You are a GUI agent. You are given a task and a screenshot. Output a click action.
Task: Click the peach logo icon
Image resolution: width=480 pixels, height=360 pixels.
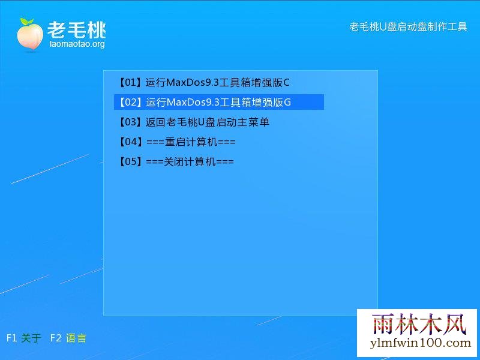coord(29,34)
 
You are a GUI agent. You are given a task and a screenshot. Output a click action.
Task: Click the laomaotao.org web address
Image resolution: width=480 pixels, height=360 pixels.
coord(77,44)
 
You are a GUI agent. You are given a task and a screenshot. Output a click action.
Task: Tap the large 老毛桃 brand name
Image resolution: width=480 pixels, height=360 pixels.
coord(77,29)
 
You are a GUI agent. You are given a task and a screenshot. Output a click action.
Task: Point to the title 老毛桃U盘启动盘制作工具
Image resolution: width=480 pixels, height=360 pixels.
coord(408,26)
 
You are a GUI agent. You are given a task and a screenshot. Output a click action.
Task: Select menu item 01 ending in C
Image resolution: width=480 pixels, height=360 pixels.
coord(203,82)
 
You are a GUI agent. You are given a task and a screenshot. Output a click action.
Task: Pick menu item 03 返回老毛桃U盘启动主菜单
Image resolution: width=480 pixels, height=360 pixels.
coord(193,122)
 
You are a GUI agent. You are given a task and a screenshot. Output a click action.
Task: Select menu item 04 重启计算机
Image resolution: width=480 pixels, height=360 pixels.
coord(177,142)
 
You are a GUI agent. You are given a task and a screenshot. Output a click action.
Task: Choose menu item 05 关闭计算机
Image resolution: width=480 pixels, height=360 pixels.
coord(176,161)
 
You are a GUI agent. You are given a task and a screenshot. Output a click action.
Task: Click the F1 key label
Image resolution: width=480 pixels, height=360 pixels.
coord(11,338)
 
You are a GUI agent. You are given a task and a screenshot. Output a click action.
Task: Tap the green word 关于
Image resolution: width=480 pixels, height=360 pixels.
coord(31,338)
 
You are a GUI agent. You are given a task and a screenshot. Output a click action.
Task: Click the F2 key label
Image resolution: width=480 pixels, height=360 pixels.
coord(56,338)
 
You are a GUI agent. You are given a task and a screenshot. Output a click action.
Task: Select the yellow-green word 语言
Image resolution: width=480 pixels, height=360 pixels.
coord(76,338)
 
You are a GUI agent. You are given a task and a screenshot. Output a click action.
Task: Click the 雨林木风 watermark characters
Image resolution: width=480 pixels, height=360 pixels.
coord(419,324)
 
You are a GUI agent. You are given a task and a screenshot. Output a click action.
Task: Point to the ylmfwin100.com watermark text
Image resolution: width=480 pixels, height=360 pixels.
coord(421,343)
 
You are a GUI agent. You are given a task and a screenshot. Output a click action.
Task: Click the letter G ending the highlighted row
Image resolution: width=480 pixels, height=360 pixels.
coord(287,102)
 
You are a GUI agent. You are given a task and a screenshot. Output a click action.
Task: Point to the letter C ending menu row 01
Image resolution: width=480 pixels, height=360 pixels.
coord(286,83)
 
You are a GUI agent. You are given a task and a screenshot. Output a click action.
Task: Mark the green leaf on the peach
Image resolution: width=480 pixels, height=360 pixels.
coord(27,22)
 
